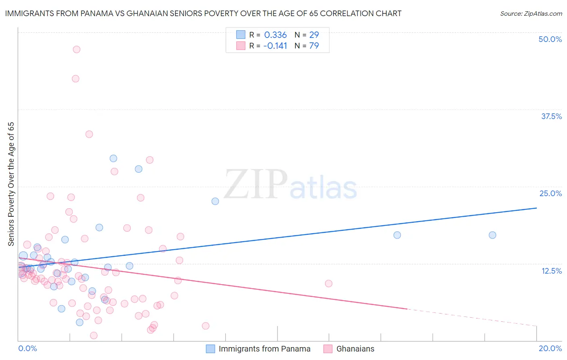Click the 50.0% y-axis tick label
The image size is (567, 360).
tap(550, 39)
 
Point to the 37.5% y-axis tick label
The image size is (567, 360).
tap(551, 116)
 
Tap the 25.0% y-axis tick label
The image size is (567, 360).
tap(550, 193)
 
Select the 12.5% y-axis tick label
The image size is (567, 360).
tap(551, 271)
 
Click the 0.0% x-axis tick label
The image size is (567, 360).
tap(27, 348)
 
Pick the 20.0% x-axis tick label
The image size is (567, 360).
tap(550, 348)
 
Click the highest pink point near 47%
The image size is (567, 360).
tap(76, 50)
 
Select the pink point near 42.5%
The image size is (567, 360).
tap(75, 79)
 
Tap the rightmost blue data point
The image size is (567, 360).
tap(492, 235)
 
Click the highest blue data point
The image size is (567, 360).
tap(113, 159)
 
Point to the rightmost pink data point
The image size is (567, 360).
tap(329, 283)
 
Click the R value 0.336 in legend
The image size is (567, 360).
tap(275, 35)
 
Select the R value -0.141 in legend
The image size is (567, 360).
tap(275, 46)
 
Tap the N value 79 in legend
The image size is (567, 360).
tap(314, 46)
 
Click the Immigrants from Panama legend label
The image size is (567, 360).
tap(264, 349)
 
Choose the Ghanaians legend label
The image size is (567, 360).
tap(355, 349)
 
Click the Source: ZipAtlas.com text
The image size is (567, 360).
tap(531, 13)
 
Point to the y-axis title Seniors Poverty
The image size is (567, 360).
tap(11, 184)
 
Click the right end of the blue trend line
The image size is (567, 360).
tap(536, 208)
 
